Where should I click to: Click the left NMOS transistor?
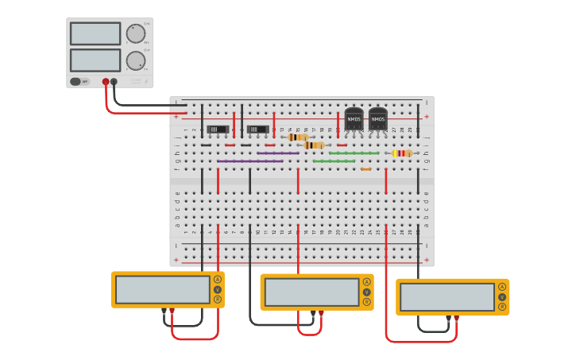click(354, 119)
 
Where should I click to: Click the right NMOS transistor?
click(378, 119)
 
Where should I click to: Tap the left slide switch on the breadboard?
click(218, 129)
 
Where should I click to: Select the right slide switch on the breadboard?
click(257, 129)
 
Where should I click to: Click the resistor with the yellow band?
click(402, 153)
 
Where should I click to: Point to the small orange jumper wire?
click(365, 168)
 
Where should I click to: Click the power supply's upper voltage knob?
click(135, 33)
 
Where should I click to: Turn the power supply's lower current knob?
click(135, 60)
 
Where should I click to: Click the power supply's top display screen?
click(95, 33)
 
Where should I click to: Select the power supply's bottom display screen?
click(95, 60)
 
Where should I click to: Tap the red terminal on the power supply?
click(106, 82)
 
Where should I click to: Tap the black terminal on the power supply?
click(114, 82)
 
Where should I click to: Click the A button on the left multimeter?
click(218, 280)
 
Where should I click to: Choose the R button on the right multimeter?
click(502, 306)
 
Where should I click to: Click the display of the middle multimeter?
click(311, 292)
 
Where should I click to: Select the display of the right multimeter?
click(447, 296)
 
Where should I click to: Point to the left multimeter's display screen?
click(163, 289)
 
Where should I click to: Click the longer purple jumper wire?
click(249, 161)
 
